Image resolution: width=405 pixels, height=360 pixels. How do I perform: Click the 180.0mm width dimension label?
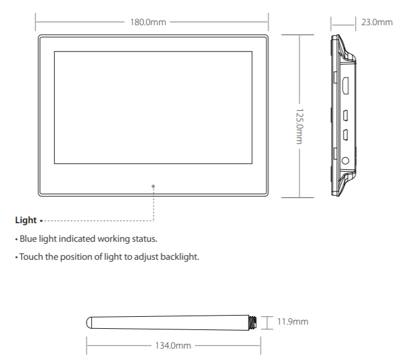(x=148, y=23)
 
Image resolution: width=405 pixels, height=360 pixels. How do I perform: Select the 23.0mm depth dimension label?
(x=377, y=23)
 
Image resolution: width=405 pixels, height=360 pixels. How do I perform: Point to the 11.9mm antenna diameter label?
(x=292, y=322)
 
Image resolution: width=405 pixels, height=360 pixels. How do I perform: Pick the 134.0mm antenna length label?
(x=173, y=346)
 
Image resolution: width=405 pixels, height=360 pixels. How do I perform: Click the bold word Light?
(x=26, y=220)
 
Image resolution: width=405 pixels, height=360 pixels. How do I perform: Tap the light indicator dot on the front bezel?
(x=154, y=186)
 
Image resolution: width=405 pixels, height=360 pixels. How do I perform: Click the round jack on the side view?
(x=345, y=161)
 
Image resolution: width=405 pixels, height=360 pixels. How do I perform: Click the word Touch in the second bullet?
(x=31, y=257)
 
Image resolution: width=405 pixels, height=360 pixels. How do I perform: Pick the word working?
(x=116, y=239)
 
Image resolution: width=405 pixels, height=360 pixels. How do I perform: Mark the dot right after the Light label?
(x=40, y=221)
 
